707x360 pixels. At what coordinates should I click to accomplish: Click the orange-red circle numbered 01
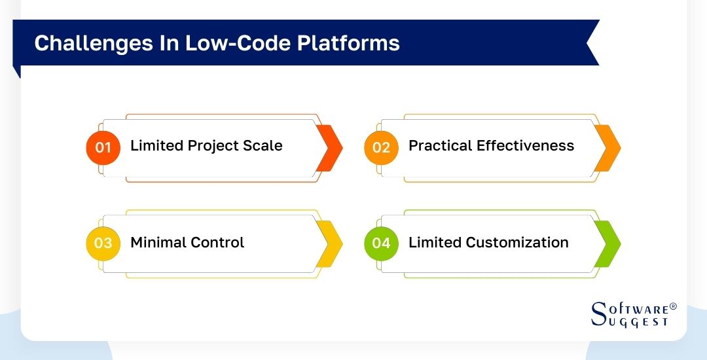pyautogui.click(x=103, y=147)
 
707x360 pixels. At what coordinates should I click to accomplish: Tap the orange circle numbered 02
pyautogui.click(x=381, y=147)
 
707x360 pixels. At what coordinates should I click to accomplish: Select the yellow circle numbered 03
pyautogui.click(x=103, y=243)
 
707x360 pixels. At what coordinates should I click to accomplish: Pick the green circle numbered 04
pyautogui.click(x=381, y=243)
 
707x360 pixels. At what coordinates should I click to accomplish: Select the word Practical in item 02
pyautogui.click(x=439, y=145)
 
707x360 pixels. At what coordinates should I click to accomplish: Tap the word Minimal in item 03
pyautogui.click(x=157, y=242)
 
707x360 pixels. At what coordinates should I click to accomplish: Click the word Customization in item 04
pyautogui.click(x=517, y=242)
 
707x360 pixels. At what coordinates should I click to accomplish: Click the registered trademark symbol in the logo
pyautogui.click(x=673, y=306)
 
